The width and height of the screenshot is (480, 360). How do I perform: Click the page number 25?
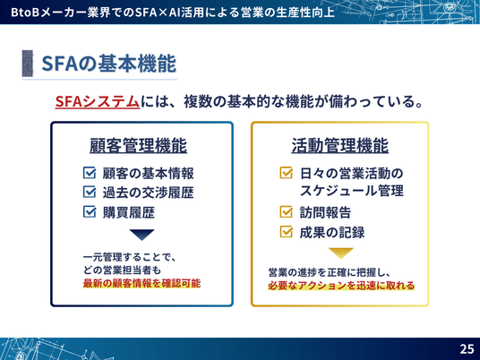(x=467, y=348)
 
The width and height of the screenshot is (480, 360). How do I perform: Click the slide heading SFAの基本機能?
(x=108, y=64)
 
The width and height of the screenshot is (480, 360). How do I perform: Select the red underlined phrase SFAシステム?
(x=98, y=101)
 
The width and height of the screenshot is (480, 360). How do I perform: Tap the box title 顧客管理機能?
(x=139, y=145)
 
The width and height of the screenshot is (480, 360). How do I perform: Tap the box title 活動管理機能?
(x=339, y=145)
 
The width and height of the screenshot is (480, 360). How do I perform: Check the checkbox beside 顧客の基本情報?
(x=90, y=173)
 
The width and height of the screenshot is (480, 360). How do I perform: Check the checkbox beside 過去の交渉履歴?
(x=90, y=193)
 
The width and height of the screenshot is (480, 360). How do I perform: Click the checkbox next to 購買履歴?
(x=90, y=212)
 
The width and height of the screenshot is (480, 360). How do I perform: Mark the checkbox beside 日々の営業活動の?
(x=287, y=173)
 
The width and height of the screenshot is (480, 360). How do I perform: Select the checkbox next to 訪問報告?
(x=287, y=212)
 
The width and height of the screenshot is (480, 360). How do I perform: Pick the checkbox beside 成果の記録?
(x=287, y=232)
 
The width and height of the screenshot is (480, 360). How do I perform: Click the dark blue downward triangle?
(x=141, y=235)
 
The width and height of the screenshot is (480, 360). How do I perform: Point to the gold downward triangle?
(x=340, y=253)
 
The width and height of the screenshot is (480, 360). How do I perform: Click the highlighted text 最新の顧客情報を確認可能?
(x=141, y=283)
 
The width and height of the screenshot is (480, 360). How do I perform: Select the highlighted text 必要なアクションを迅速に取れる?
(x=341, y=286)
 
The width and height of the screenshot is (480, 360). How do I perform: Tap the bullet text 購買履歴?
(x=129, y=212)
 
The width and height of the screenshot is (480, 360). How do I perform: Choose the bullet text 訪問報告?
(x=325, y=212)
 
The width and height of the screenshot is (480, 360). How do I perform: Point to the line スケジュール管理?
(x=351, y=191)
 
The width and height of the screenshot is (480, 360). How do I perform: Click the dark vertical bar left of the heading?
(x=28, y=64)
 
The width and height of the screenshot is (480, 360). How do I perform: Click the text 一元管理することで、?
(x=130, y=257)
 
